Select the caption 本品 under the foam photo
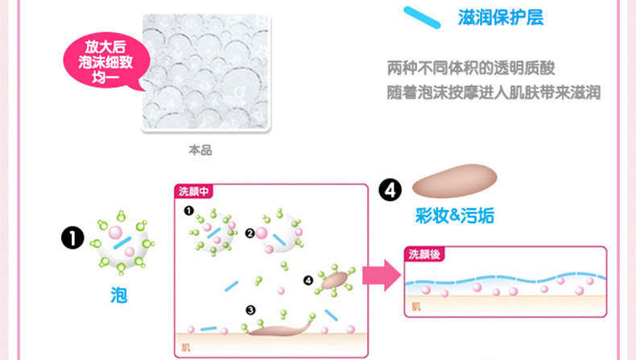tap(200, 151)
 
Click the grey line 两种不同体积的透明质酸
tap(471, 68)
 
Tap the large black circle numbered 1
tap(73, 238)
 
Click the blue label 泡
tap(118, 295)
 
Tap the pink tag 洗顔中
tap(192, 192)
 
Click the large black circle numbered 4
tap(390, 191)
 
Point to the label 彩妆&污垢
tap(455, 215)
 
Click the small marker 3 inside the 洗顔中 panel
tap(250, 309)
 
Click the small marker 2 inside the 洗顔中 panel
tap(250, 233)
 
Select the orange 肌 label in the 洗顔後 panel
tap(415, 306)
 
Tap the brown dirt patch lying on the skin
tap(278, 326)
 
